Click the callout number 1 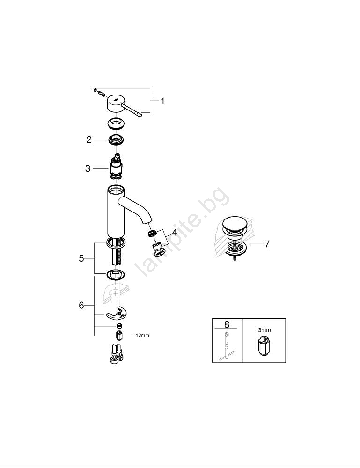click(x=162, y=102)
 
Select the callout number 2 click(x=89, y=139)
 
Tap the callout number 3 click(x=88, y=168)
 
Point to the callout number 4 click(x=174, y=232)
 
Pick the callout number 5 click(x=81, y=258)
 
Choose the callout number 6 click(x=81, y=305)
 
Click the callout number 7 click(x=267, y=244)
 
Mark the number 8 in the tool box click(x=227, y=324)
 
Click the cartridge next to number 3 click(x=117, y=167)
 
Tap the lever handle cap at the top click(x=115, y=103)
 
